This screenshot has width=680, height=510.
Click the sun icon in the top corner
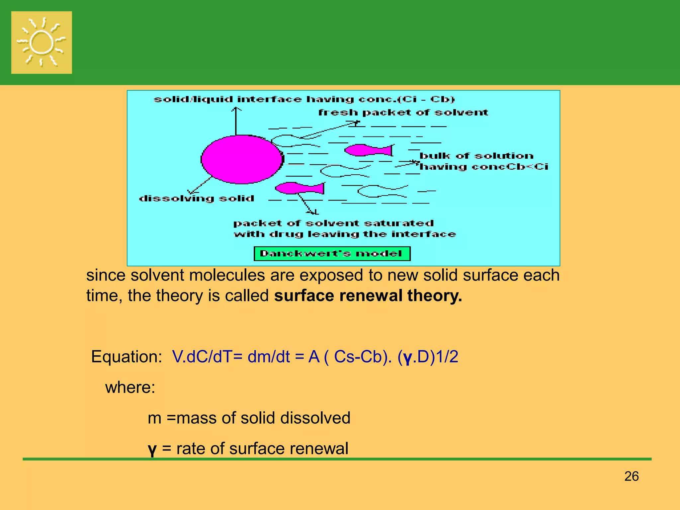(42, 42)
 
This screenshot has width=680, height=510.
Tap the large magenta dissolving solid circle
(242, 159)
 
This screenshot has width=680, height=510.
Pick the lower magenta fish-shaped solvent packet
(299, 188)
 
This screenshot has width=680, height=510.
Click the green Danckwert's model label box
(332, 254)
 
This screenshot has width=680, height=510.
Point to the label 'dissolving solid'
(197, 199)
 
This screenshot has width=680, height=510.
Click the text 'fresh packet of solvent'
(403, 113)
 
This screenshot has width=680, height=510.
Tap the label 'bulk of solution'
(476, 156)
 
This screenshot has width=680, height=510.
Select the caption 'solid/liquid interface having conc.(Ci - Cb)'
(304, 99)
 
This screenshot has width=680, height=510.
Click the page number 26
(631, 476)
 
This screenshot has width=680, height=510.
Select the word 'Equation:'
(127, 357)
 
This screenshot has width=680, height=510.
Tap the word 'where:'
(130, 387)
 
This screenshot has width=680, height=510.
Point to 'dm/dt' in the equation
(269, 357)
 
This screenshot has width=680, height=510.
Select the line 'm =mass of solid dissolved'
(249, 418)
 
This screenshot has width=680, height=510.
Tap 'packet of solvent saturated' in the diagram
(333, 223)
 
